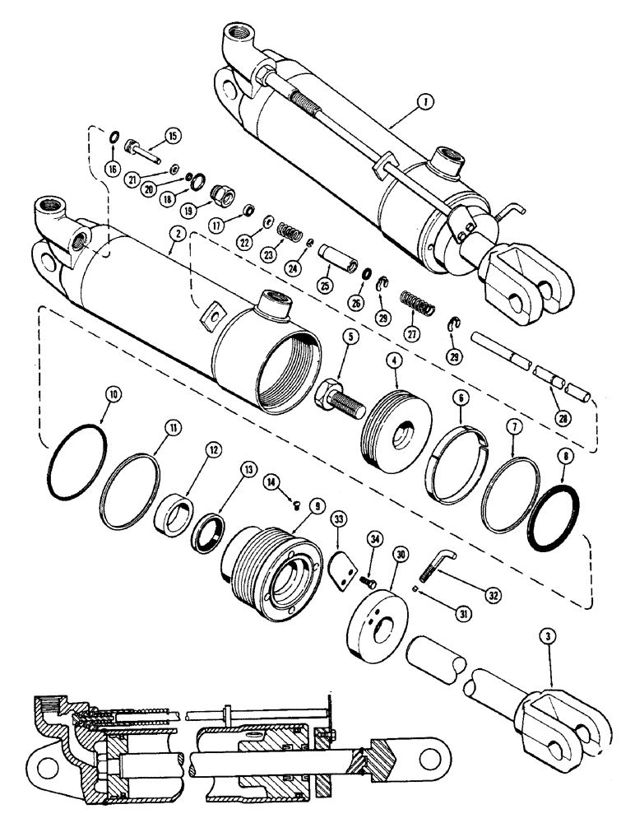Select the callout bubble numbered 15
click(x=174, y=134)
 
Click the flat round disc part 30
click(x=377, y=619)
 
